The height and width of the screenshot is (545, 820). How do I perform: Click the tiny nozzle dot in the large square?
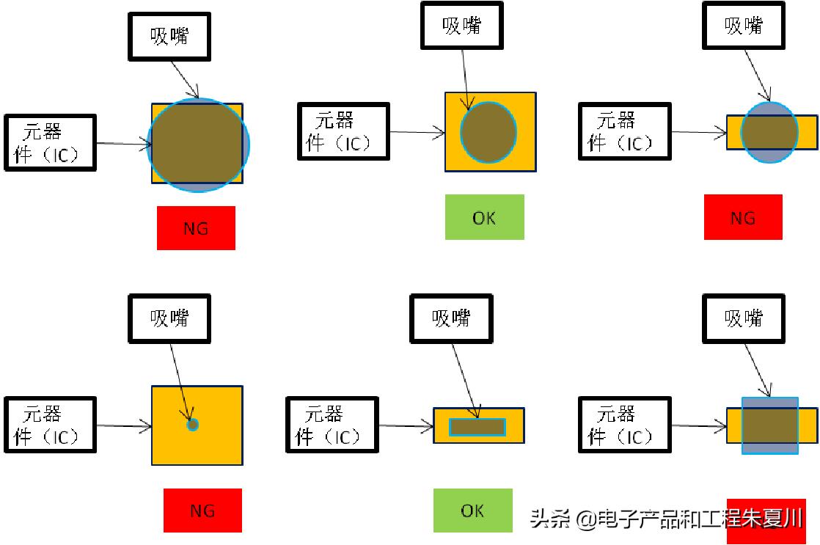click(x=193, y=424)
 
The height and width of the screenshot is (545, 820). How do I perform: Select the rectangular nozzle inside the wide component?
click(x=477, y=426)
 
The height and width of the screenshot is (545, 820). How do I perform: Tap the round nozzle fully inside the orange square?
click(x=488, y=132)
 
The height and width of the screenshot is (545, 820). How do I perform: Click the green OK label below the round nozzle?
click(x=484, y=217)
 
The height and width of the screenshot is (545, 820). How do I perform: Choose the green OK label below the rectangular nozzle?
click(x=472, y=511)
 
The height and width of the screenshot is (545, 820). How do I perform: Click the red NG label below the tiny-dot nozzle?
click(x=202, y=511)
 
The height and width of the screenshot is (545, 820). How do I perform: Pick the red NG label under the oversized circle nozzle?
click(x=196, y=228)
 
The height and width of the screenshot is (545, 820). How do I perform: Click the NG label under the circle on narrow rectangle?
click(x=743, y=217)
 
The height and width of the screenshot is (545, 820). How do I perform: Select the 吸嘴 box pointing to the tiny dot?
click(x=169, y=318)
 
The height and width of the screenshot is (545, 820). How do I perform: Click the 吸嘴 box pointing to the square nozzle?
click(x=744, y=318)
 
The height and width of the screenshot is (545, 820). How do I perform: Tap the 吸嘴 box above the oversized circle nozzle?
click(x=169, y=36)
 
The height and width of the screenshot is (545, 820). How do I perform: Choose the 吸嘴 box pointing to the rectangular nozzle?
click(x=450, y=318)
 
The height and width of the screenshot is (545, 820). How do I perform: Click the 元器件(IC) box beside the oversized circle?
click(x=51, y=142)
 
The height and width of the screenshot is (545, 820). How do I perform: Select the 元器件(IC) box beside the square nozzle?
click(x=625, y=425)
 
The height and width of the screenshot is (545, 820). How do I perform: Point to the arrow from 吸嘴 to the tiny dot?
click(x=181, y=381)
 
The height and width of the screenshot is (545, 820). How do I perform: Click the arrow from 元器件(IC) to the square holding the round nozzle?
click(x=417, y=133)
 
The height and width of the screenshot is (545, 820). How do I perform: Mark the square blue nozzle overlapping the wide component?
click(x=769, y=425)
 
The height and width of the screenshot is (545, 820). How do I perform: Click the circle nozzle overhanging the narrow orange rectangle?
click(x=769, y=132)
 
